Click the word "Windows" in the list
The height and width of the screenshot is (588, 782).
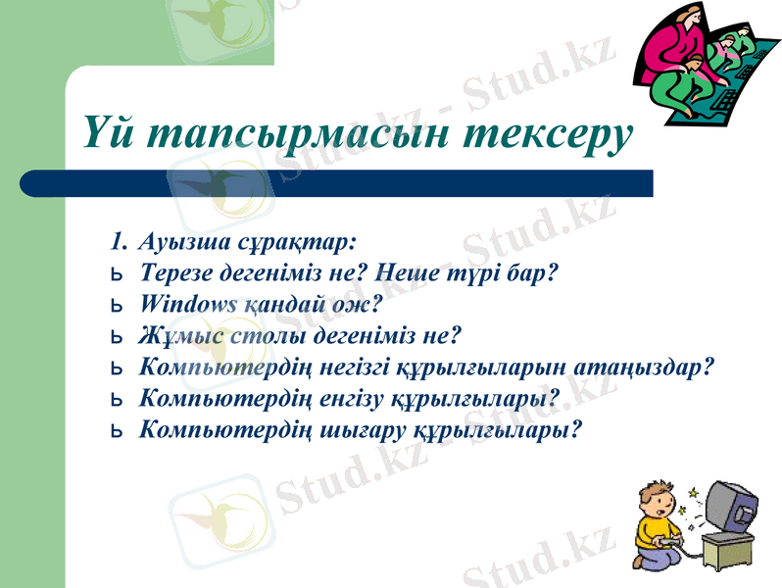(186, 304)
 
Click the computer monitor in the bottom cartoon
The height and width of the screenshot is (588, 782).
(730, 509)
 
